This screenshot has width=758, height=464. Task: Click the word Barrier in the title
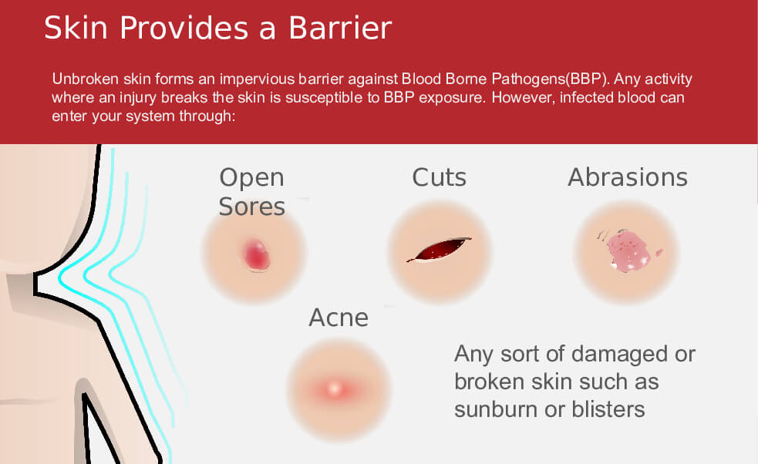tap(340, 28)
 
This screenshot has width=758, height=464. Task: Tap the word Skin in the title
tap(76, 28)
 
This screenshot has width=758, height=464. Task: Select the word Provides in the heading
tap(184, 28)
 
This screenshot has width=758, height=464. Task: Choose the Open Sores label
tap(252, 192)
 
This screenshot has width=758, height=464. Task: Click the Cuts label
tap(440, 177)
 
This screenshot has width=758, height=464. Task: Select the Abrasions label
tap(628, 177)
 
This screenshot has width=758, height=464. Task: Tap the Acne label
tap(339, 318)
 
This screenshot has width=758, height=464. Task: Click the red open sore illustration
tap(256, 254)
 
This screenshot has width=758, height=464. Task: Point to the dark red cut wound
tap(439, 250)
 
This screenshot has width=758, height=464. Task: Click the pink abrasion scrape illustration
tap(628, 250)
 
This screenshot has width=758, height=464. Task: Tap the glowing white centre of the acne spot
tap(335, 388)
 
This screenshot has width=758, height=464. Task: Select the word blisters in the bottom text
tap(608, 409)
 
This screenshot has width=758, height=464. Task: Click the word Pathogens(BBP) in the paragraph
tap(549, 79)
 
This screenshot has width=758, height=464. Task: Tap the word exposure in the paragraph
tap(451, 98)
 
